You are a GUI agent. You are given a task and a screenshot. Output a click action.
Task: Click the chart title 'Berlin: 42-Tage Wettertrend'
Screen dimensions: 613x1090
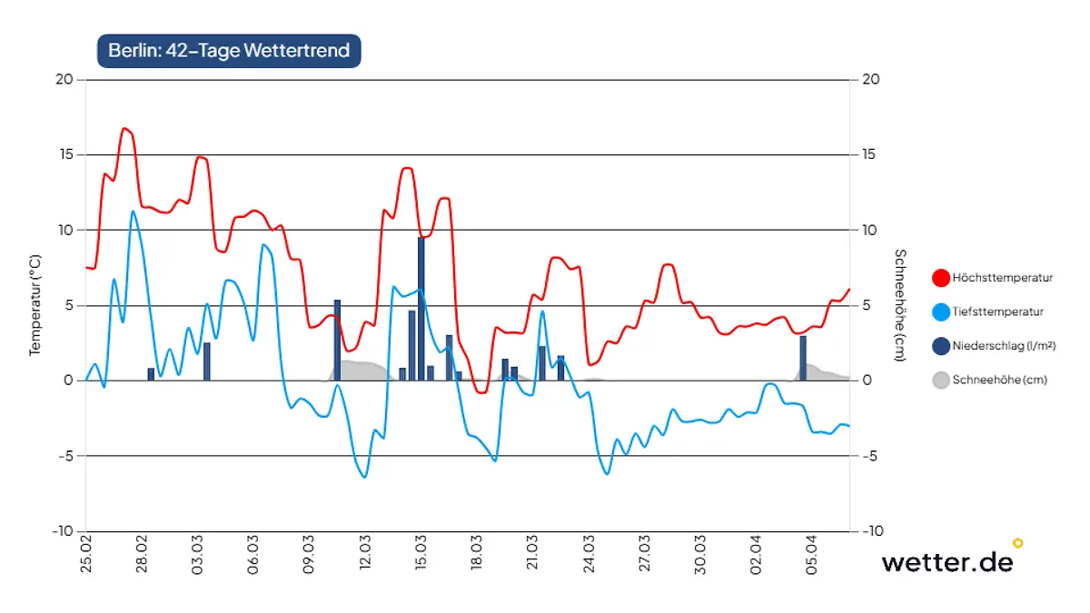[x=229, y=51]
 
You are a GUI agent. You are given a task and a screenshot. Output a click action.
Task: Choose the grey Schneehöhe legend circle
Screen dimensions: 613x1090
[x=941, y=381]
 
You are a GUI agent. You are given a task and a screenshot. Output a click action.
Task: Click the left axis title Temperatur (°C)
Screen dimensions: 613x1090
[x=35, y=304]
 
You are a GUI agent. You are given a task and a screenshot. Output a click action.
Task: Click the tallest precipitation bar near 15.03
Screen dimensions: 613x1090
[x=421, y=309]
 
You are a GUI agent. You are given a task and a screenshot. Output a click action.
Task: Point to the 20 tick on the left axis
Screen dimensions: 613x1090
[x=64, y=79]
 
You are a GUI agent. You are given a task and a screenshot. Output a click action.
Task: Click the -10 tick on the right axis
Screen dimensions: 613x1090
[x=870, y=530]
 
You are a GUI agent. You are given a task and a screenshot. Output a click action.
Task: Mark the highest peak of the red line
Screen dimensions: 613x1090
[x=125, y=129]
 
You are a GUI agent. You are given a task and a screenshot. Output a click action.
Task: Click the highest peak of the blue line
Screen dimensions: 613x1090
[x=133, y=212]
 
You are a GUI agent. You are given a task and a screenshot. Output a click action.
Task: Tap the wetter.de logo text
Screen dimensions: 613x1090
[x=946, y=561]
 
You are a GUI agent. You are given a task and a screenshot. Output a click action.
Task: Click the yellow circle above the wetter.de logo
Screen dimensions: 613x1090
[x=1017, y=543]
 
